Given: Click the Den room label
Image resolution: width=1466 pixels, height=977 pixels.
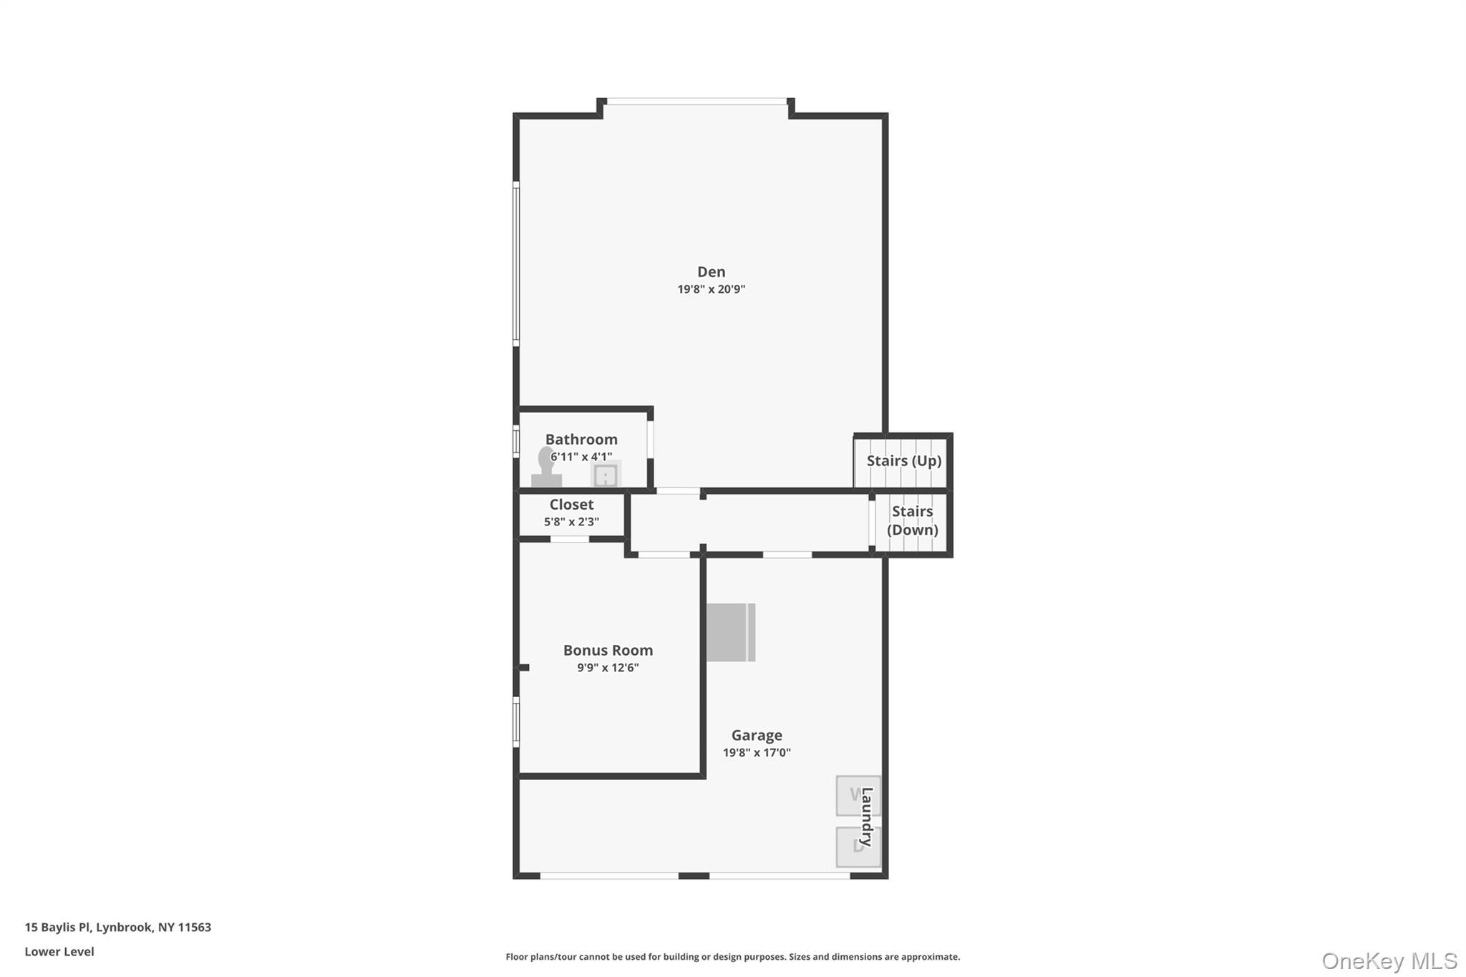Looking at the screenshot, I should click(711, 272).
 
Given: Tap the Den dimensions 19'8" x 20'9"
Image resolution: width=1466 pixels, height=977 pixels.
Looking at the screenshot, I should click(711, 289).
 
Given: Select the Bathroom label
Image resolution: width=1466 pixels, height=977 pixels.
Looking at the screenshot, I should click(581, 439).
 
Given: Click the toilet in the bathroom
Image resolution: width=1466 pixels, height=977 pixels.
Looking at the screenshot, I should click(546, 469).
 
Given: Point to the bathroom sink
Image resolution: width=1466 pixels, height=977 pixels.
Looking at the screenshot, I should click(606, 475).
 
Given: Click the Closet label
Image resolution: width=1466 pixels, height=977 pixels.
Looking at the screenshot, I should click(571, 505).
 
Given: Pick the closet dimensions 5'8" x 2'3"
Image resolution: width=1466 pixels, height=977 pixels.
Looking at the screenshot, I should click(571, 522).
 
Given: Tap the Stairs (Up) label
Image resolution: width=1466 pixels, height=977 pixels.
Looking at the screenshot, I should click(903, 461).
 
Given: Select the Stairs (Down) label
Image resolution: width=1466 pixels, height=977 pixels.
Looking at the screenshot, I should click(912, 520).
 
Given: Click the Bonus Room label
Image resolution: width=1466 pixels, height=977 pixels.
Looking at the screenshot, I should click(608, 651).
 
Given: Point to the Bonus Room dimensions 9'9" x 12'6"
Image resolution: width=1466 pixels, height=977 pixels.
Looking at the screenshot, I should click(608, 668).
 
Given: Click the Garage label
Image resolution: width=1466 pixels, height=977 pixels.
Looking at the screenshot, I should click(757, 735).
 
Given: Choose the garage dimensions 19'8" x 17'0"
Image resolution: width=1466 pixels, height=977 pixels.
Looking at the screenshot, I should click(757, 752).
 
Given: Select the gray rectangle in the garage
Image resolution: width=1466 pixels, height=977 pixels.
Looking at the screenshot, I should click(730, 633).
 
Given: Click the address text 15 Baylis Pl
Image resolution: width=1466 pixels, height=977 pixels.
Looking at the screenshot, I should click(118, 928).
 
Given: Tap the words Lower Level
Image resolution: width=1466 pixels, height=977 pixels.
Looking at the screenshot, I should click(59, 952).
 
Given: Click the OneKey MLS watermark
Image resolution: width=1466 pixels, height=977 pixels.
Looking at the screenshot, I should click(1389, 961).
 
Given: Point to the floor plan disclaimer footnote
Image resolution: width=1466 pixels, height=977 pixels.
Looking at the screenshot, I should click(732, 957).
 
